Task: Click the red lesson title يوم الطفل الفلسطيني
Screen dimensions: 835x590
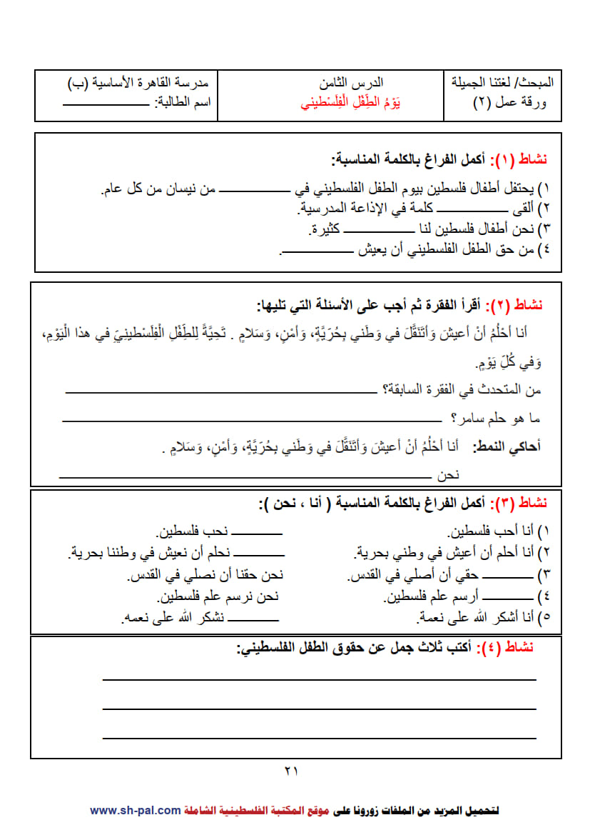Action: [x=350, y=103]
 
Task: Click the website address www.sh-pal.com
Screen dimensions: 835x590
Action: [x=136, y=810]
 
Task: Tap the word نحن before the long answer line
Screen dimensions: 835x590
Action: [x=468, y=474]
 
